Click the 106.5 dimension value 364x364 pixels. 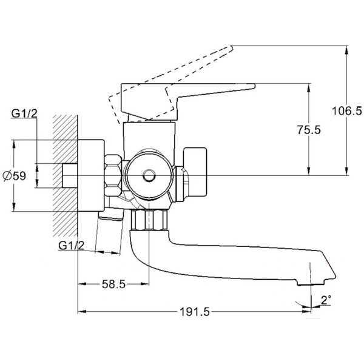pyautogui.click(x=348, y=111)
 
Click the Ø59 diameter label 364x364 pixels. pyautogui.click(x=14, y=176)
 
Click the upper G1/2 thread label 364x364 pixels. pyautogui.click(x=24, y=113)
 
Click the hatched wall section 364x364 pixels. pyautogui.click(x=66, y=176)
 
